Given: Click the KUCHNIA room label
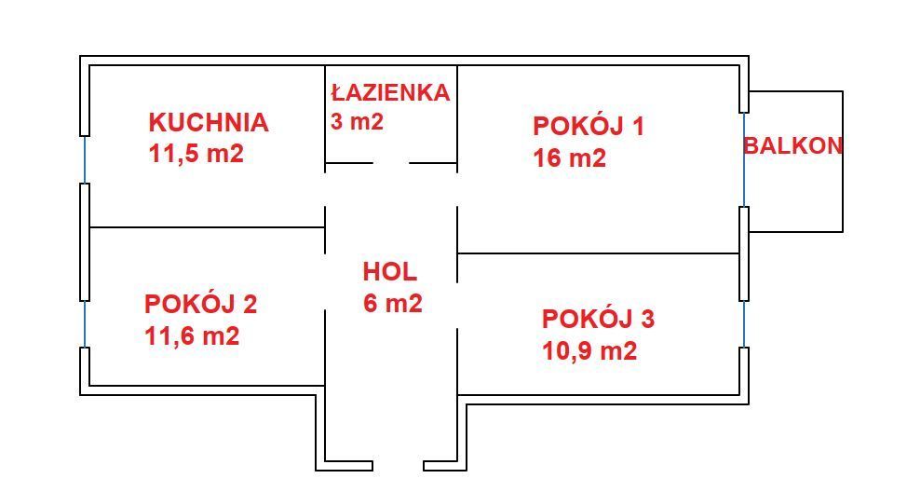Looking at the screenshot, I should coord(208,122).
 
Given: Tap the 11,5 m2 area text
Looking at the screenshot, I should coord(196,154).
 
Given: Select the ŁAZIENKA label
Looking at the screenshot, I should coord(390,92).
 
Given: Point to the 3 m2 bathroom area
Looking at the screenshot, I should coord(357,121).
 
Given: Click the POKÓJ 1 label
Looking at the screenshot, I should coord(588,126).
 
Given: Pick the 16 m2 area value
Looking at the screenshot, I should coord(569,158).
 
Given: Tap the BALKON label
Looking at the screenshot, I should coord(792,145).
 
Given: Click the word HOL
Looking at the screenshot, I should coord(390,272).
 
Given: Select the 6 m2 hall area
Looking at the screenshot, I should coord(392,304).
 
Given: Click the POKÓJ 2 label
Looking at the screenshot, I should coord(200,304).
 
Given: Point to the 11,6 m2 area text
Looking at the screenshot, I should coord(192,335).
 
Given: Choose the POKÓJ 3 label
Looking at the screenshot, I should coord(598,319).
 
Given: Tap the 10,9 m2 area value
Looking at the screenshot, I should coord(589,351).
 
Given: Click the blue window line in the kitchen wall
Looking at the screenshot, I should coord(85,159).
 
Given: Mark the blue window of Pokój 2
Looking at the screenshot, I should coord(85,324).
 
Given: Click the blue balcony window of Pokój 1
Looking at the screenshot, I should coord(744,159).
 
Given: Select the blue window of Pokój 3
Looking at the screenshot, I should coord(744,324).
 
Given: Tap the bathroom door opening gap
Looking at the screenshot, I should coord(391,163).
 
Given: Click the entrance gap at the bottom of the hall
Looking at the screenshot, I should coord(398,465).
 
